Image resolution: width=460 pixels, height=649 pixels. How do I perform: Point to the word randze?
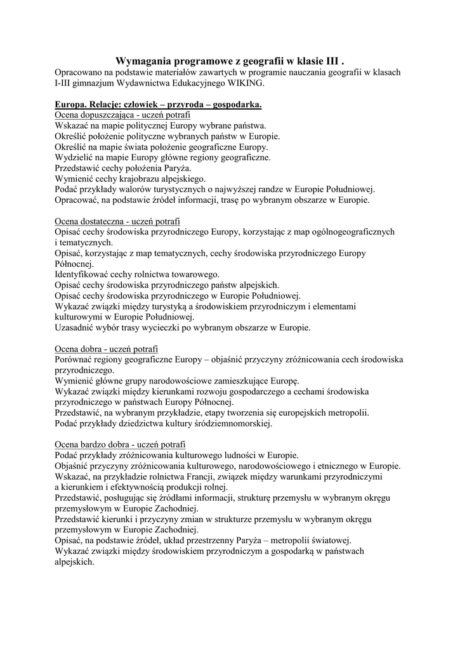point(268,190)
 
